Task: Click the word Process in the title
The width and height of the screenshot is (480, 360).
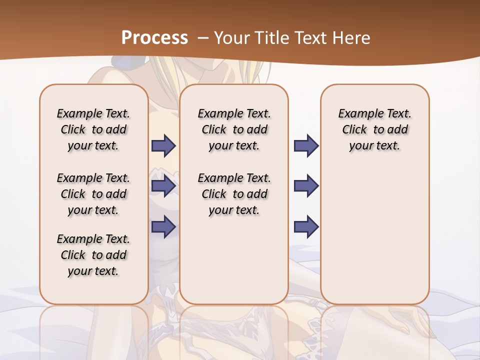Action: click(x=154, y=38)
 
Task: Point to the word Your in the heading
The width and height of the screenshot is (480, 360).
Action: click(x=232, y=38)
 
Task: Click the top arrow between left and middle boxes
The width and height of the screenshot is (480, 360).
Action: click(x=163, y=145)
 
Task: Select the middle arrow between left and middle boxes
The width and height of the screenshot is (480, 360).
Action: click(x=163, y=186)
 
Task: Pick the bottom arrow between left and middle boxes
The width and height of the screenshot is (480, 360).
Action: click(x=163, y=226)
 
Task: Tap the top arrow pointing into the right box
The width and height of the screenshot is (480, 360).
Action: click(x=306, y=145)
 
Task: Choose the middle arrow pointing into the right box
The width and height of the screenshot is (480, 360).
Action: click(x=306, y=186)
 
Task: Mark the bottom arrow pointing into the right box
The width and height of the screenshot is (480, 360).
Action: click(x=306, y=226)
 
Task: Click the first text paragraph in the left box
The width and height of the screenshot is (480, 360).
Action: click(x=93, y=129)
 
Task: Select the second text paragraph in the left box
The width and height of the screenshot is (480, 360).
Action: click(x=93, y=194)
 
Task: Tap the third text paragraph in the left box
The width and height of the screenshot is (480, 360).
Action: click(x=93, y=255)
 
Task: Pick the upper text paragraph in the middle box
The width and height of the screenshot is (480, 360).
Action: click(x=234, y=129)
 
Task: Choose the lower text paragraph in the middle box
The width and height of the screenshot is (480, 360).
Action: click(x=234, y=194)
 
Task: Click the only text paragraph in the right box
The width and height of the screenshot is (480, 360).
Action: click(x=375, y=129)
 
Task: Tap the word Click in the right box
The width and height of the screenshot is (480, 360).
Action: click(x=354, y=130)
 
